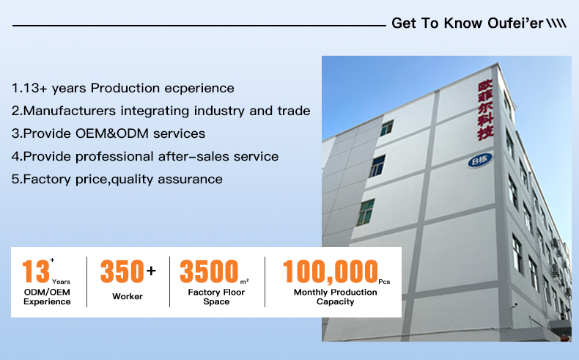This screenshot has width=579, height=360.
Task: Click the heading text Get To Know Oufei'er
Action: pyautogui.click(x=467, y=23)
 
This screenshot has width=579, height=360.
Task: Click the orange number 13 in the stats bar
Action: pyautogui.click(x=36, y=271)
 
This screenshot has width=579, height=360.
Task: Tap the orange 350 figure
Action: pyautogui.click(x=122, y=271)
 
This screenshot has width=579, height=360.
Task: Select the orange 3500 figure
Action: pyautogui.click(x=209, y=271)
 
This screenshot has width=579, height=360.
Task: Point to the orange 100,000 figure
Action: pyautogui.click(x=331, y=272)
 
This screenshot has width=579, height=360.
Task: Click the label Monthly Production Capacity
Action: pyautogui.click(x=335, y=297)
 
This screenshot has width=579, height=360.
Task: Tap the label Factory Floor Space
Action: pyautogui.click(x=216, y=297)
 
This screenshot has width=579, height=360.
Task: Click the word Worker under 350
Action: pyautogui.click(x=128, y=296)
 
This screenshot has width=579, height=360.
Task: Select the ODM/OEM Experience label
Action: pyautogui.click(x=47, y=297)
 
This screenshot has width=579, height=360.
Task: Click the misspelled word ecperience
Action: pyautogui.click(x=199, y=89)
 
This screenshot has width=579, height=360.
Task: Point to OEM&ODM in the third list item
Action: pyautogui.click(x=112, y=133)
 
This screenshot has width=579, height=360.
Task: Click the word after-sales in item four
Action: pyautogui.click(x=194, y=156)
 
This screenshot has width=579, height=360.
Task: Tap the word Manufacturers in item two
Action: pyautogui.click(x=70, y=111)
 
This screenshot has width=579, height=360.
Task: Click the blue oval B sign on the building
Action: pyautogui.click(x=480, y=161)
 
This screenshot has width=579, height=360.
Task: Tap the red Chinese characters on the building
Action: pyautogui.click(x=486, y=110)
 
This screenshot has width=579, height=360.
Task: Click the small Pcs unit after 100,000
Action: pyautogui.click(x=384, y=282)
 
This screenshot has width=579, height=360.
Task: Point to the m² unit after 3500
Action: pyautogui.click(x=245, y=282)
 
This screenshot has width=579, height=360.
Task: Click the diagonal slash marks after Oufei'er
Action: pyautogui.click(x=556, y=23)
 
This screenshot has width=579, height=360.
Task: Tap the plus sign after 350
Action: pyautogui.click(x=151, y=271)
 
